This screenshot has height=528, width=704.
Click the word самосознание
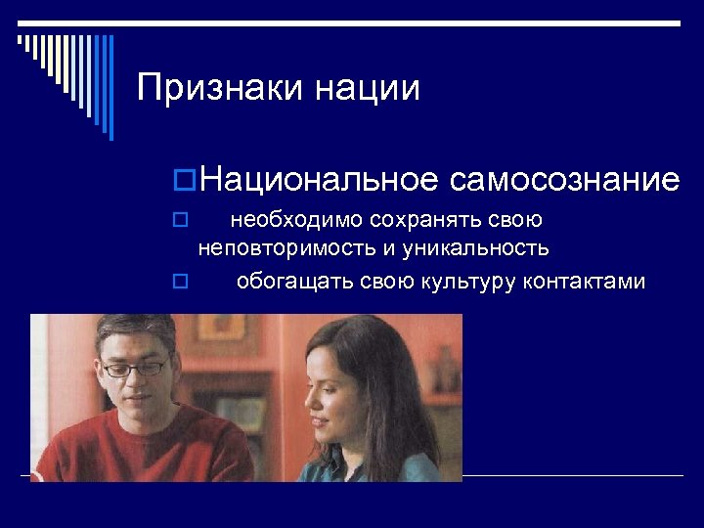point(564,180)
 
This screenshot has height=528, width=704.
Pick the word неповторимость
point(286,248)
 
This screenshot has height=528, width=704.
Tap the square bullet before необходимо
point(178,222)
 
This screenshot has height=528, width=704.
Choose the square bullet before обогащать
point(178,284)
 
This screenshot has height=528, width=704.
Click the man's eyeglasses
point(134,369)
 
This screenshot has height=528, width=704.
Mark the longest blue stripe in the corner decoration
point(110,87)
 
